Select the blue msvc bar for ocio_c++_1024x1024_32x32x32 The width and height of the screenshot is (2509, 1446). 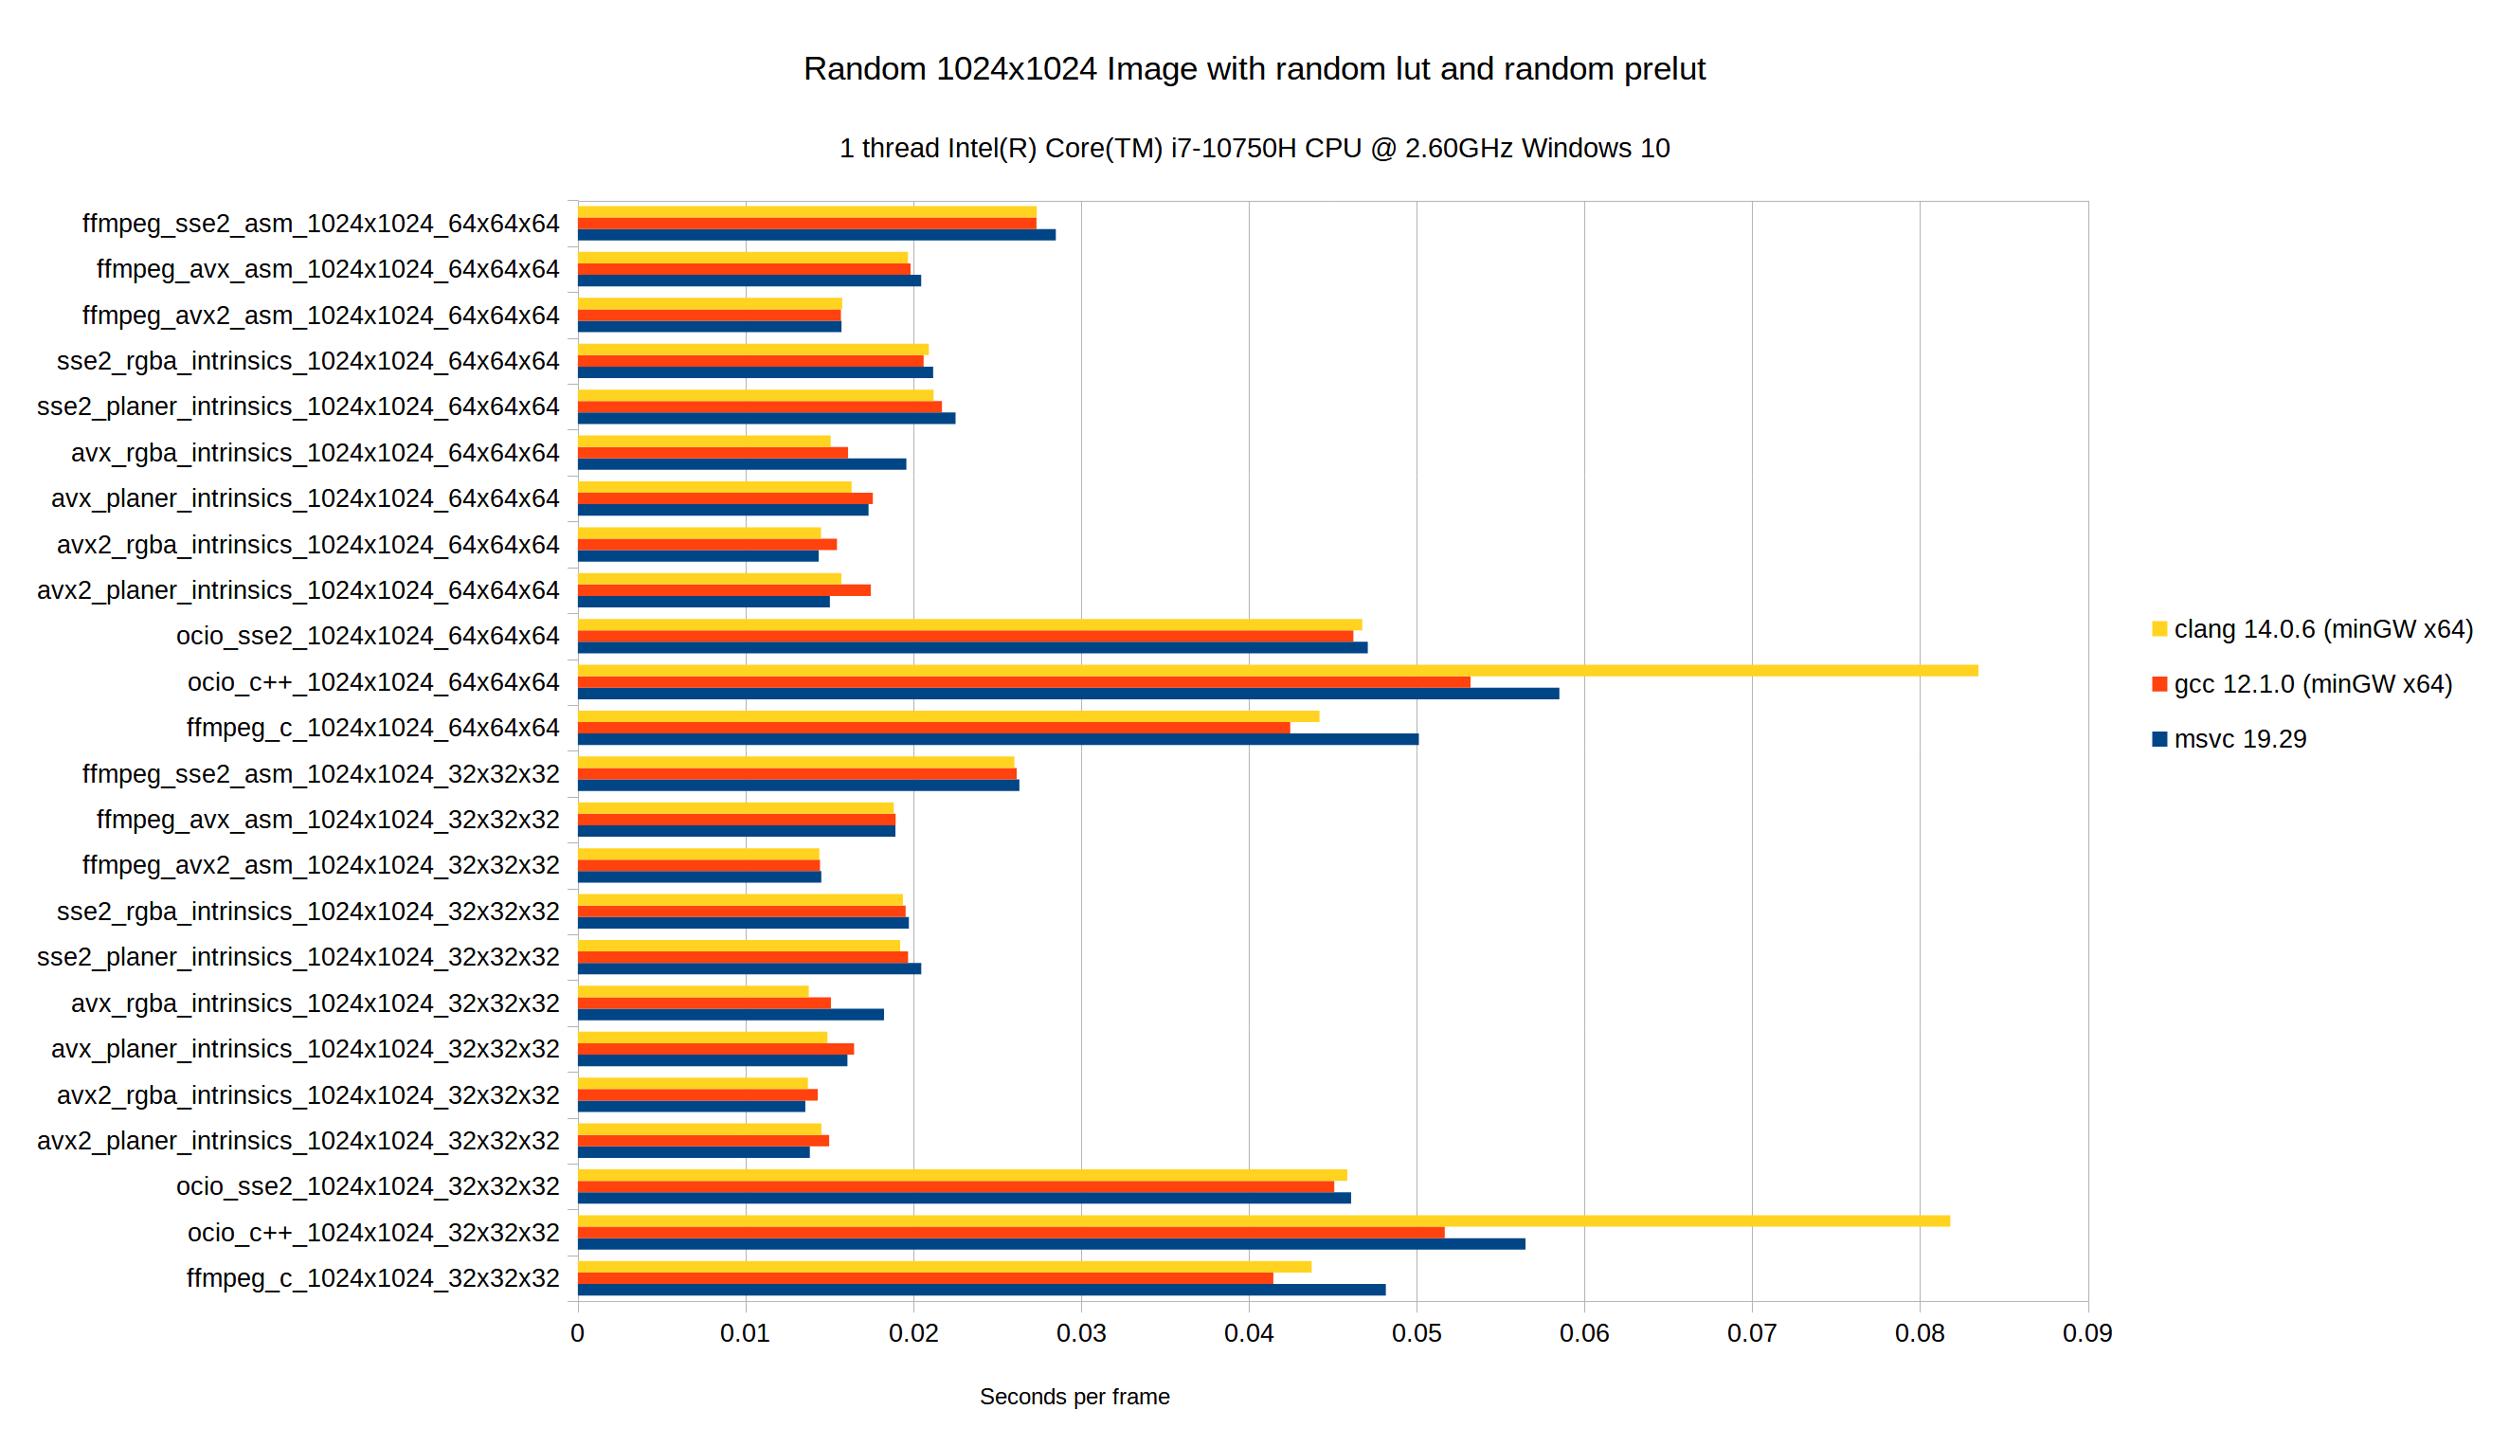pos(1051,1243)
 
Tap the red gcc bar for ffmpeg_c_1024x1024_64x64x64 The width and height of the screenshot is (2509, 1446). pos(933,728)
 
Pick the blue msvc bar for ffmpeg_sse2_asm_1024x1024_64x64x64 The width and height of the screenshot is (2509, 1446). pos(816,235)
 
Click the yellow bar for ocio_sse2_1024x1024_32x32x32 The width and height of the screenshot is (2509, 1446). pos(961,1175)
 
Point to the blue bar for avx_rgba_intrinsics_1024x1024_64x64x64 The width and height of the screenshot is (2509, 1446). pos(741,463)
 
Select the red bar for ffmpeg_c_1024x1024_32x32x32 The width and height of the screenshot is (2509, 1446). pos(925,1278)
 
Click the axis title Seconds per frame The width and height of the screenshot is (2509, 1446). pos(1074,1397)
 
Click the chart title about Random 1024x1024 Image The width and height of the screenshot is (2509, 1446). pos(1254,68)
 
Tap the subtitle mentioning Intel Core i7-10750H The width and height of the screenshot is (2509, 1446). pos(1254,148)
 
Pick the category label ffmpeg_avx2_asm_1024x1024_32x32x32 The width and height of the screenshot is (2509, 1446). pos(320,865)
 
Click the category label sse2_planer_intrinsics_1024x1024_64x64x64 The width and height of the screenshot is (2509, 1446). pos(298,407)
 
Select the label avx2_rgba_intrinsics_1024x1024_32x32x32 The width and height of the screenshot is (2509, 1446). pos(308,1094)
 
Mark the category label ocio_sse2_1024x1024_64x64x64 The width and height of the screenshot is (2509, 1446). pos(368,636)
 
